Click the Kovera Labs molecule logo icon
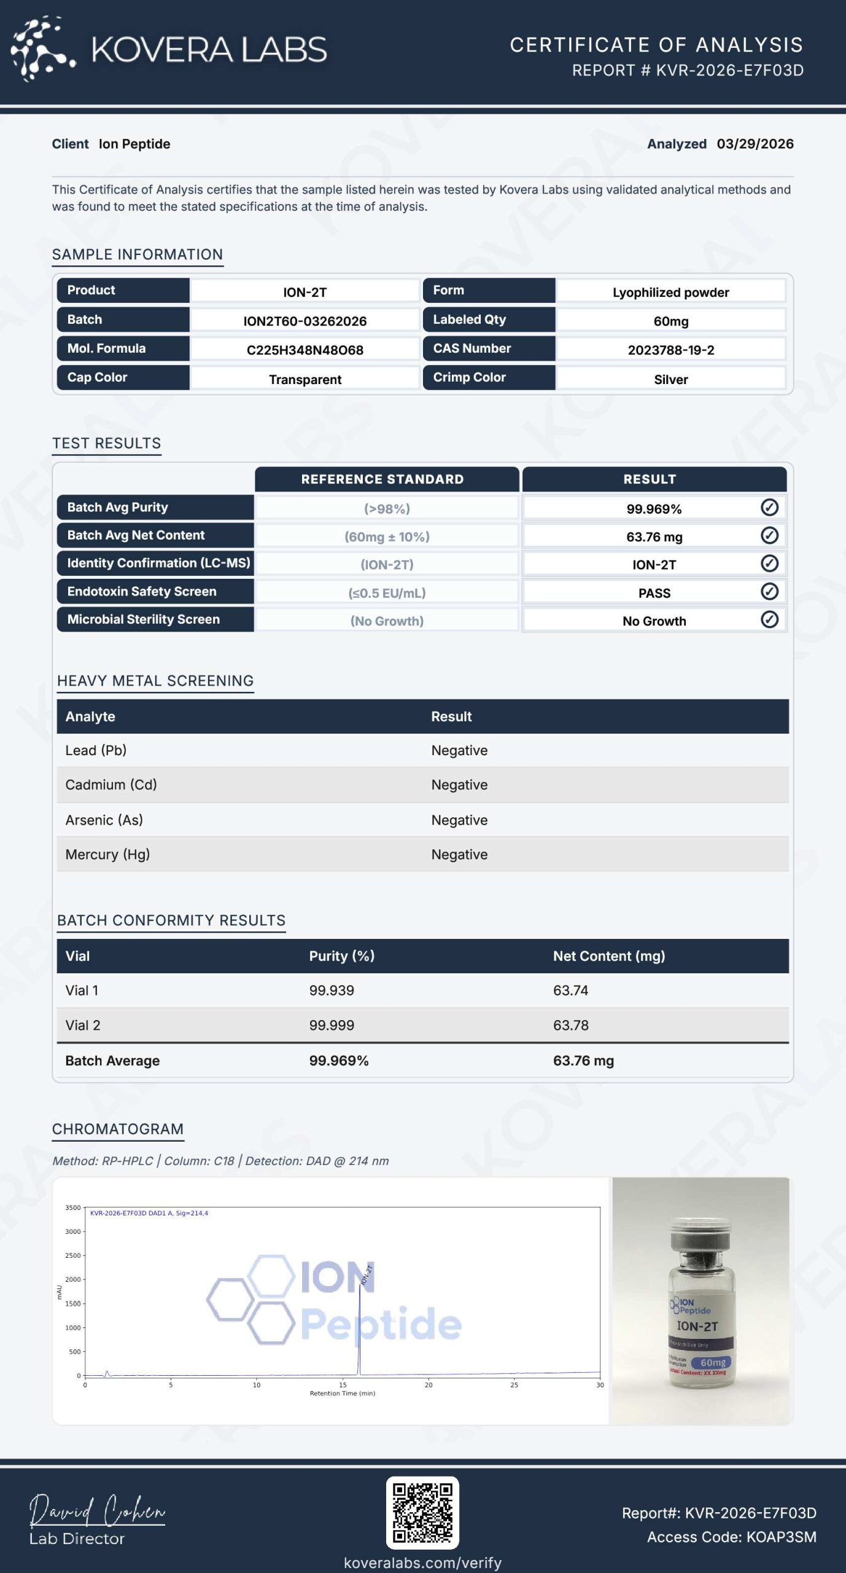tap(42, 49)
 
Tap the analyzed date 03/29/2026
tap(755, 144)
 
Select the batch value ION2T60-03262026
tap(305, 321)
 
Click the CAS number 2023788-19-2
tap(670, 350)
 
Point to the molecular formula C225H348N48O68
tap(305, 350)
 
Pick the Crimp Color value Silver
tap(670, 379)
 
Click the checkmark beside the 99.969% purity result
tap(769, 508)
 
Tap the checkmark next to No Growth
tap(769, 619)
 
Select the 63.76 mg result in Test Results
tap(654, 536)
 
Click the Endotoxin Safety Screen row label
tap(142, 591)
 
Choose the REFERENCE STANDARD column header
tap(382, 479)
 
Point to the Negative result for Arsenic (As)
tap(459, 820)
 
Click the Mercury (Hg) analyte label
tap(107, 854)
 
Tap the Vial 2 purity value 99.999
tap(332, 1025)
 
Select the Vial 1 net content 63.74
tap(570, 990)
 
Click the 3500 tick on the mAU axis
tap(73, 1207)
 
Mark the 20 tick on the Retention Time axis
tap(429, 1385)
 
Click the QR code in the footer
tap(422, 1513)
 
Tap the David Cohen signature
tap(97, 1510)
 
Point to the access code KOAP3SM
tap(781, 1537)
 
